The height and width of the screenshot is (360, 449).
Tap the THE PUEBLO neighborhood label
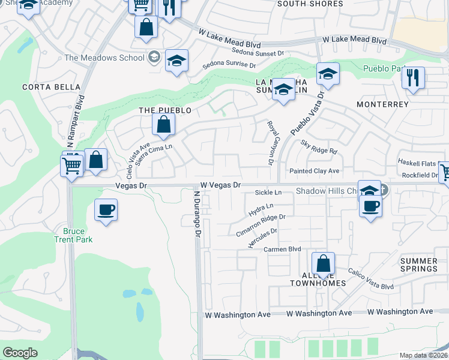click(164, 110)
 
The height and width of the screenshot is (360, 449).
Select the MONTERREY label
click(382, 104)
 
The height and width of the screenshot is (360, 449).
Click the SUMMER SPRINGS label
click(418, 265)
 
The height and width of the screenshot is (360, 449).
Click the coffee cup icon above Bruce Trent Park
click(106, 210)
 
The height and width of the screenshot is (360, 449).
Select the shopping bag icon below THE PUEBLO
click(163, 125)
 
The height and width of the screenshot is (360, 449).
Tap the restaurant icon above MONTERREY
click(412, 78)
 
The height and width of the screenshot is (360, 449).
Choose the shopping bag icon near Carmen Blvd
click(323, 263)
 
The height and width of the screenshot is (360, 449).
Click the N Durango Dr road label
click(196, 215)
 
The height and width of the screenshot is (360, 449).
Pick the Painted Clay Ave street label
click(315, 172)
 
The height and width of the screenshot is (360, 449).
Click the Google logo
click(20, 353)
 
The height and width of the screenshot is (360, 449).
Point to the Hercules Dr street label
click(262, 238)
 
